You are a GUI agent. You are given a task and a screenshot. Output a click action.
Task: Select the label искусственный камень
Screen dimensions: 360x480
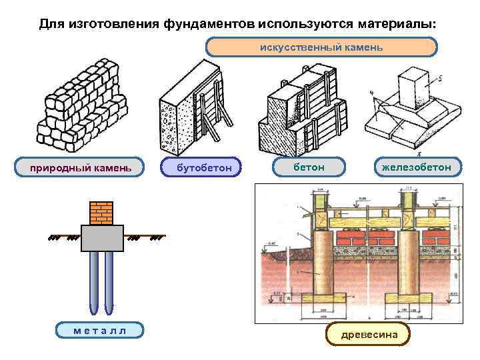pos(321,47)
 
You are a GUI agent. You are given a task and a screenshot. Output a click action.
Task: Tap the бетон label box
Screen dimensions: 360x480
pos(309,167)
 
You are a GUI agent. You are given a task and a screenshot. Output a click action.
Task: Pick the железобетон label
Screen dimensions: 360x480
pos(416,167)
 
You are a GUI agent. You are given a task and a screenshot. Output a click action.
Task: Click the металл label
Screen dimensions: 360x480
pos(99,329)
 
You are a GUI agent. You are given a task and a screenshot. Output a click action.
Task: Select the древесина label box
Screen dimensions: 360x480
pos(368,333)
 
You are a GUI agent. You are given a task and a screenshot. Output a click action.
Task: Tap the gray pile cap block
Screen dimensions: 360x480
pos(102,238)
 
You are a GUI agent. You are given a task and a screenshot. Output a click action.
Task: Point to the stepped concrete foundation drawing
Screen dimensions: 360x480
pos(304,110)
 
